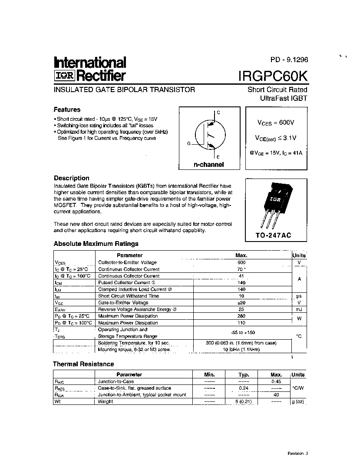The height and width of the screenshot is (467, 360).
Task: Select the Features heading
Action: coord(67,109)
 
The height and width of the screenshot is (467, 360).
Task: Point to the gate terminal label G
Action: coord(189,143)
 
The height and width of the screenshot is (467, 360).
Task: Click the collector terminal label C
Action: coord(218,113)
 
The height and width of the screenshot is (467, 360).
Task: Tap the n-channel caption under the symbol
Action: coord(208,165)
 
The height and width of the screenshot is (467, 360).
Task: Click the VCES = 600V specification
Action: coord(276,123)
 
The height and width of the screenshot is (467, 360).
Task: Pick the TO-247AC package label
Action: coord(274,235)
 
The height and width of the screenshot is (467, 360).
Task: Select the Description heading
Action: coord(71,178)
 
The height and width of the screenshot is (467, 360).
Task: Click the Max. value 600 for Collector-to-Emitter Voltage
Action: coord(241,262)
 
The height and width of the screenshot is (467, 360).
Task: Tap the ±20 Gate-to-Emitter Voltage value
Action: coord(241,303)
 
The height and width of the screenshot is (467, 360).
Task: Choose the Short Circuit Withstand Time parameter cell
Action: coord(129,296)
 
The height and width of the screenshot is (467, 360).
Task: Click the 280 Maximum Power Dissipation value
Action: coord(241,316)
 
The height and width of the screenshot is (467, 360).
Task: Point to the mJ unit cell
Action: coord(299,309)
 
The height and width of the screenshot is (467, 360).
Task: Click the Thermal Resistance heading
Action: coord(83,364)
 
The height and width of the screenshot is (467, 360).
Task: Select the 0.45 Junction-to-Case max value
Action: coord(276,381)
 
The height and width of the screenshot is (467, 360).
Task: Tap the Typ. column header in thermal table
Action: coord(244,374)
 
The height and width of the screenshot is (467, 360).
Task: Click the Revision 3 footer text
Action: coord(297,454)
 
